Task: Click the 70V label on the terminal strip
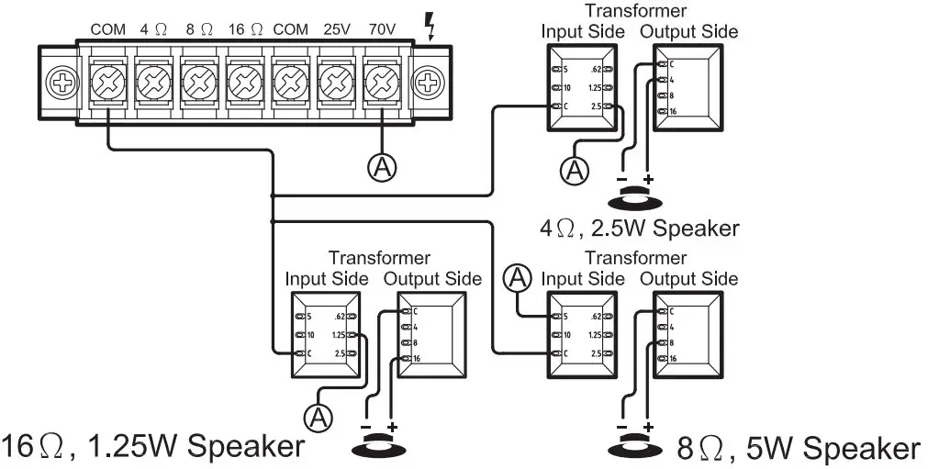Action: tap(382, 29)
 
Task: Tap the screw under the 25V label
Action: tap(336, 84)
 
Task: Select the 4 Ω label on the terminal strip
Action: tap(153, 29)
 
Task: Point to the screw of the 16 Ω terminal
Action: tap(244, 84)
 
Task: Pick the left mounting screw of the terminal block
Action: tap(63, 84)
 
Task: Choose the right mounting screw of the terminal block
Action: tap(427, 84)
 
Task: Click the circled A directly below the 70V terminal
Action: tap(381, 165)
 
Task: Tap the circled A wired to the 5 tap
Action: tap(520, 276)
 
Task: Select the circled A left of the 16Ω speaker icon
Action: tap(319, 418)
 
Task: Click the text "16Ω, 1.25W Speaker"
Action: tap(152, 447)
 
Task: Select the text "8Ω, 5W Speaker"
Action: tap(798, 449)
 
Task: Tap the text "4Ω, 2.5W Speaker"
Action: tap(640, 227)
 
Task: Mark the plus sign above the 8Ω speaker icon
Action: tap(650, 429)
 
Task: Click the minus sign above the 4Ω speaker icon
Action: tap(621, 178)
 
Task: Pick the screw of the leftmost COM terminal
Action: tap(108, 84)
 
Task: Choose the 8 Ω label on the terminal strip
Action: tap(198, 29)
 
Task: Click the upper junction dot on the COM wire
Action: tap(273, 195)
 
